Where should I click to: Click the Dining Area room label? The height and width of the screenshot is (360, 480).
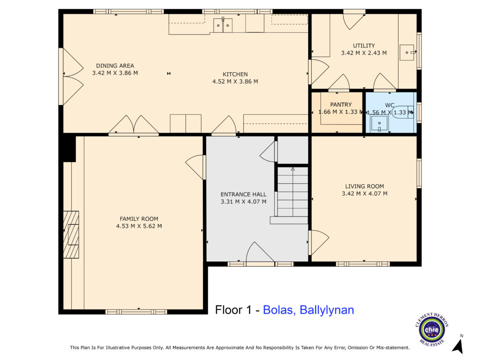pos(115,66)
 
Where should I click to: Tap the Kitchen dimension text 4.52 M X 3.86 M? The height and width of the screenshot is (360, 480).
pos(235,82)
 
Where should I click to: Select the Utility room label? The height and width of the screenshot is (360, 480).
pos(364,45)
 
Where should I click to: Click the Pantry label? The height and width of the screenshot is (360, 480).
pos(341,105)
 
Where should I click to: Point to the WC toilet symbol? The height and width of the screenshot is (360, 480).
pos(403,112)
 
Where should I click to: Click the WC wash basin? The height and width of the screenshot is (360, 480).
pos(379,124)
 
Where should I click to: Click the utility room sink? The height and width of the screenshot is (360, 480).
pos(407,52)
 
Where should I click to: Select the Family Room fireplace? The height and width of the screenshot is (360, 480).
pos(71,234)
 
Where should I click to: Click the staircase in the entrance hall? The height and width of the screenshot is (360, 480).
pos(292,192)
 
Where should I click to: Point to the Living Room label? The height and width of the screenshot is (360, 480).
pos(364,186)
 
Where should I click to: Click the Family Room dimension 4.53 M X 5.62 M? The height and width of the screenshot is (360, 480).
pos(139,226)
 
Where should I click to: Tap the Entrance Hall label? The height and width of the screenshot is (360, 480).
pos(243,195)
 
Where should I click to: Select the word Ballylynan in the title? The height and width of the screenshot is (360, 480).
pos(327,310)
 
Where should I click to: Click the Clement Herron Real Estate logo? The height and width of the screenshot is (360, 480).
pos(432,330)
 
